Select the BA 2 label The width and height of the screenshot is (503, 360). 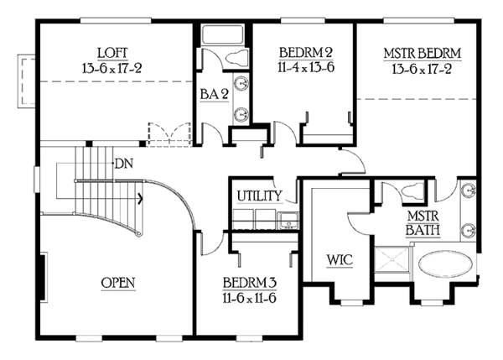(x=214, y=95)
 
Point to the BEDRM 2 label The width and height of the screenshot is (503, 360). (x=303, y=53)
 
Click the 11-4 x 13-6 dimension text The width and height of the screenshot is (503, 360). (x=303, y=67)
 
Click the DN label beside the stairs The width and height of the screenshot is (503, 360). (x=124, y=163)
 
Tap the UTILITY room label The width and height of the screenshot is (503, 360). (x=259, y=196)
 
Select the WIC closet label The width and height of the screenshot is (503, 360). (x=339, y=259)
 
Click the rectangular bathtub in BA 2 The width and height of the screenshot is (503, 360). (x=220, y=36)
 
